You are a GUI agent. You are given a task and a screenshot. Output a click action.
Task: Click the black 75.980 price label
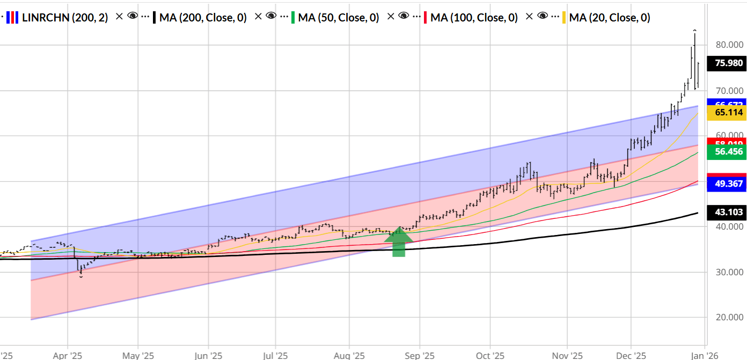[x=729, y=63]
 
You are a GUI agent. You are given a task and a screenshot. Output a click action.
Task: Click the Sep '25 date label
[x=419, y=355]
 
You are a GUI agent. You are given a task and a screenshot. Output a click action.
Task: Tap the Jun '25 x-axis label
[x=208, y=355]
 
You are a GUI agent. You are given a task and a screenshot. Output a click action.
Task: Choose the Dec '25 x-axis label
[x=631, y=355]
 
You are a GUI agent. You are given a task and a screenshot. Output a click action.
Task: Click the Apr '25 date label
[x=68, y=355]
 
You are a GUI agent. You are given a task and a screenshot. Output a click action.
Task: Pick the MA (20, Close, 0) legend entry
[x=609, y=18]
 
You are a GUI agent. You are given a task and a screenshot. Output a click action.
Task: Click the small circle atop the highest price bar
[x=695, y=31]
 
